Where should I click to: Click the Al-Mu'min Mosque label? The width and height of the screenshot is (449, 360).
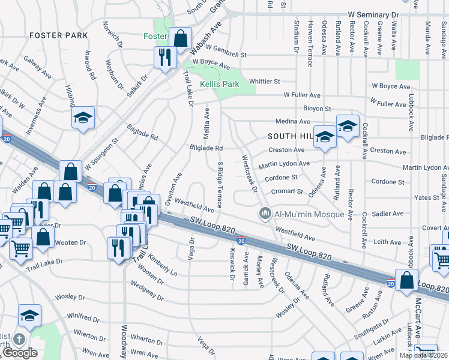310,214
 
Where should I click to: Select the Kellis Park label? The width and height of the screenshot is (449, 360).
220,84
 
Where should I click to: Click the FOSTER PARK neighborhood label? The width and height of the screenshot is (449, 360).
59,35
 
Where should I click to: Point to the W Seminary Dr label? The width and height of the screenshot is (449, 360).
373,14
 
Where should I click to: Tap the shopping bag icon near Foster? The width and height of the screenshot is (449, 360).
180,38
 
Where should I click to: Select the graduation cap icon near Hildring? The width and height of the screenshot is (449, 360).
83,118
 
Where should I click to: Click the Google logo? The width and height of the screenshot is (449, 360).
20,353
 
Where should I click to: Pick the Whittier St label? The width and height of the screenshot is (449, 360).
265,81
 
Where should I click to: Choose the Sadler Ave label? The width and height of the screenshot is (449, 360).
388,214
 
